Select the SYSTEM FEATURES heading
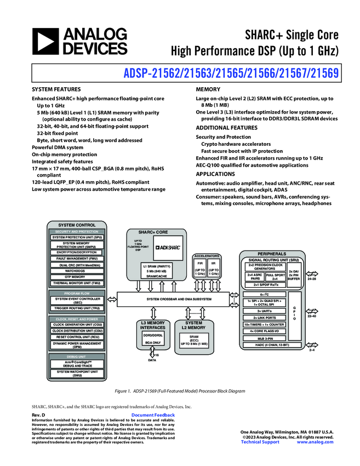pyautogui.click(x=55, y=89)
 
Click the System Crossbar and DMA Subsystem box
pyautogui.click(x=179, y=299)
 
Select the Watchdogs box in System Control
pyautogui.click(x=75, y=271)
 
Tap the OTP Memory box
pyautogui.click(x=75, y=277)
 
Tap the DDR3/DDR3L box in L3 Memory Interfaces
pyautogui.click(x=153, y=334)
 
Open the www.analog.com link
pyautogui.click(x=315, y=442)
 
